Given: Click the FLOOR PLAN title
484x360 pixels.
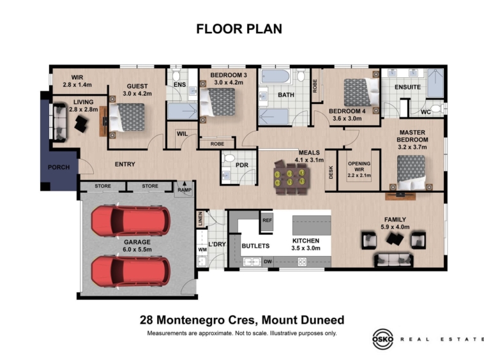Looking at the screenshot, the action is pyautogui.click(x=239, y=29).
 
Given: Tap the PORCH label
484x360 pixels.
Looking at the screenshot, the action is pyautogui.click(x=59, y=167).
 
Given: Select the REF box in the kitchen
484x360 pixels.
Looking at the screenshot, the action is pyautogui.click(x=267, y=221).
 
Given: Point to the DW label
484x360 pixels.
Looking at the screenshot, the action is pyautogui.click(x=268, y=262).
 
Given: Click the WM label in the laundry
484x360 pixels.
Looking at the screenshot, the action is pyautogui.click(x=202, y=250).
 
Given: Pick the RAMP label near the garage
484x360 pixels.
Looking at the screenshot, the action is pyautogui.click(x=185, y=190).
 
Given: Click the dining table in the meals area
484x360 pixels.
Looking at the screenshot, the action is pyautogui.click(x=291, y=177).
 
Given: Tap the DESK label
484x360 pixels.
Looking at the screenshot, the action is pyautogui.click(x=331, y=173).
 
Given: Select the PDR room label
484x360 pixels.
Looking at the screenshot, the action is pyautogui.click(x=242, y=165).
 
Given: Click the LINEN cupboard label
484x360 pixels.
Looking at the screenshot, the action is pyautogui.click(x=200, y=218).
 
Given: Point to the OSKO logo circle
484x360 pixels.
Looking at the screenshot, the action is pyautogui.click(x=382, y=340).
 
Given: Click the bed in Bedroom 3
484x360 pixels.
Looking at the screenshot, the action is pyautogui.click(x=217, y=101).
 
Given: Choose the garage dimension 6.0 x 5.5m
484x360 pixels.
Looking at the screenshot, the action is pyautogui.click(x=137, y=250).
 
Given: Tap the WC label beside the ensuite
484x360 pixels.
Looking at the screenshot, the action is pyautogui.click(x=426, y=112).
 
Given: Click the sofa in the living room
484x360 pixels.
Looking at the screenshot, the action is pyautogui.click(x=60, y=123).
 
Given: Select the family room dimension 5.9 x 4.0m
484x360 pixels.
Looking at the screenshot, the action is pyautogui.click(x=395, y=227).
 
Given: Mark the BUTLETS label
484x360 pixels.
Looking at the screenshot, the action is pyautogui.click(x=255, y=246).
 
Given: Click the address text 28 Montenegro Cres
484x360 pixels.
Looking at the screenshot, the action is pyautogui.click(x=198, y=320).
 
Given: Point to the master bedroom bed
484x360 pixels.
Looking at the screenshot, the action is pyautogui.click(x=411, y=172).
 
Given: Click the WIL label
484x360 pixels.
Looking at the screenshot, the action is pyautogui.click(x=182, y=134).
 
